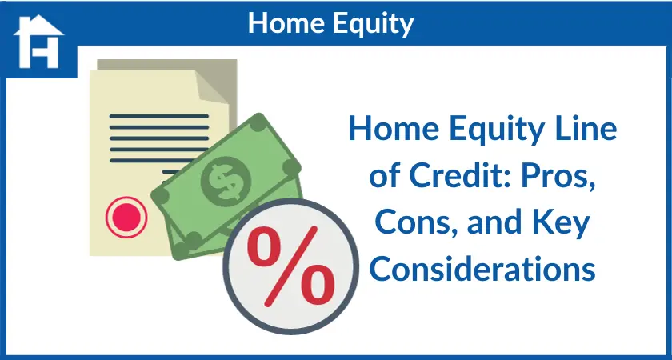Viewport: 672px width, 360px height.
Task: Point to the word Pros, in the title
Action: [x=557, y=177]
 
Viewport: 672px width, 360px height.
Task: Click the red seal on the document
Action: [x=126, y=217]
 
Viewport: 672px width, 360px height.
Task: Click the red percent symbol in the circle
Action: [x=291, y=266]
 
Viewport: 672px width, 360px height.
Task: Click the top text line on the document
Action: [x=159, y=116]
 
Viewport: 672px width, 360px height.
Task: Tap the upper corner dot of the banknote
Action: [x=258, y=122]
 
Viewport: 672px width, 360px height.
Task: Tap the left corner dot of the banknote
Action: [x=160, y=196]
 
